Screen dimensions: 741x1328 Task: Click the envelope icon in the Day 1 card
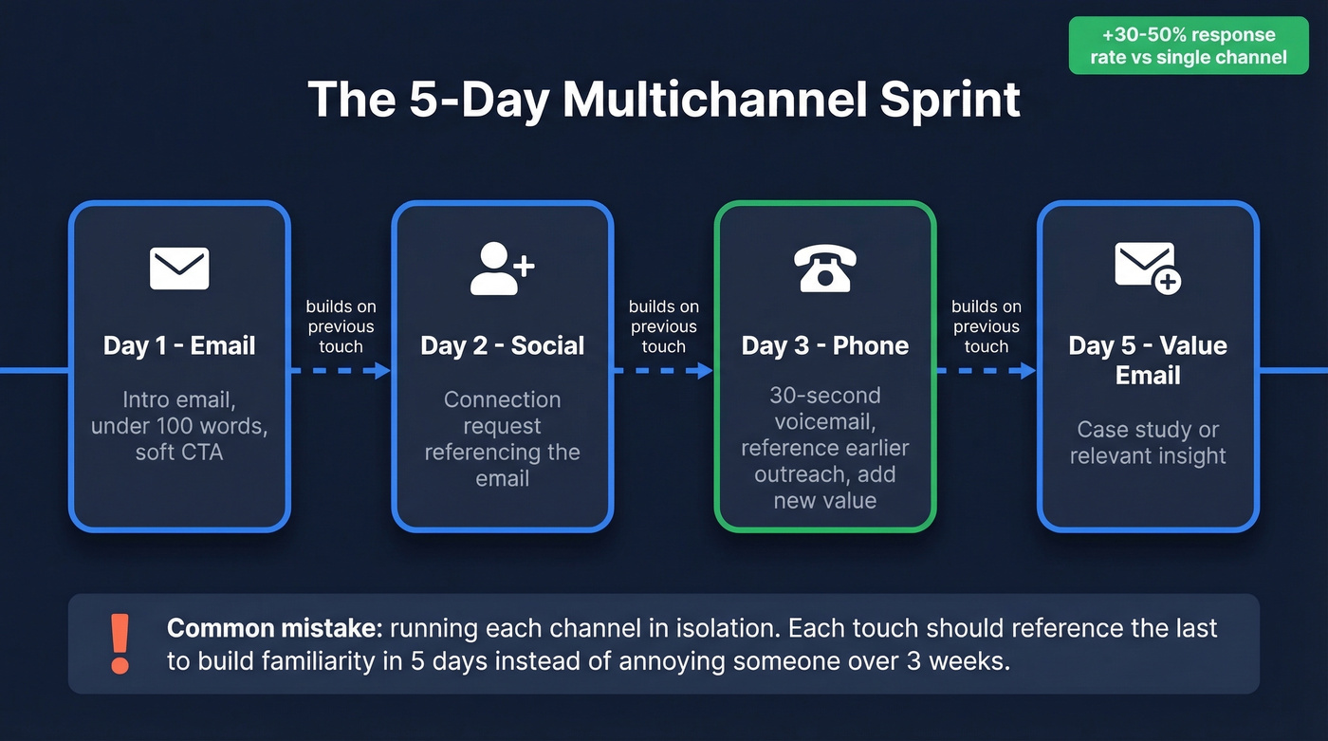click(x=179, y=269)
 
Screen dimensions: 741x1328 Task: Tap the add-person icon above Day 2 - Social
click(x=502, y=269)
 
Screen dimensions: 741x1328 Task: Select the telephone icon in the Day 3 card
click(x=824, y=269)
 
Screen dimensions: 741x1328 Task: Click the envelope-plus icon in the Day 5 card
click(x=1147, y=269)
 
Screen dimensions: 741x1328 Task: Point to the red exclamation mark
click(x=120, y=644)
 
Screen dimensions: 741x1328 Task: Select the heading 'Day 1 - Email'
click(x=179, y=345)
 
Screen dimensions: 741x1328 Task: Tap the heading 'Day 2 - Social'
click(x=502, y=345)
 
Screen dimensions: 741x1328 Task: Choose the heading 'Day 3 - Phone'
click(x=824, y=345)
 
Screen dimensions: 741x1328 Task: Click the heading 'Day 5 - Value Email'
click(x=1147, y=360)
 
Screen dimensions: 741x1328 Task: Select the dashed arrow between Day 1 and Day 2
click(x=341, y=370)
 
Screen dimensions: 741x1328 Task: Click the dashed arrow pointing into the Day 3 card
click(x=663, y=370)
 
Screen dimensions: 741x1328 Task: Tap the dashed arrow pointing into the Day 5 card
click(x=986, y=370)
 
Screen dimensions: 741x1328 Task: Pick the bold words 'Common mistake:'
click(x=274, y=629)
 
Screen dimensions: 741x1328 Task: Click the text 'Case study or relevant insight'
click(x=1147, y=442)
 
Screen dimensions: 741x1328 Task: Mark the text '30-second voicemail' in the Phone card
click(x=824, y=408)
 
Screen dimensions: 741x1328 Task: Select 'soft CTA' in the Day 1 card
click(x=179, y=452)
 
